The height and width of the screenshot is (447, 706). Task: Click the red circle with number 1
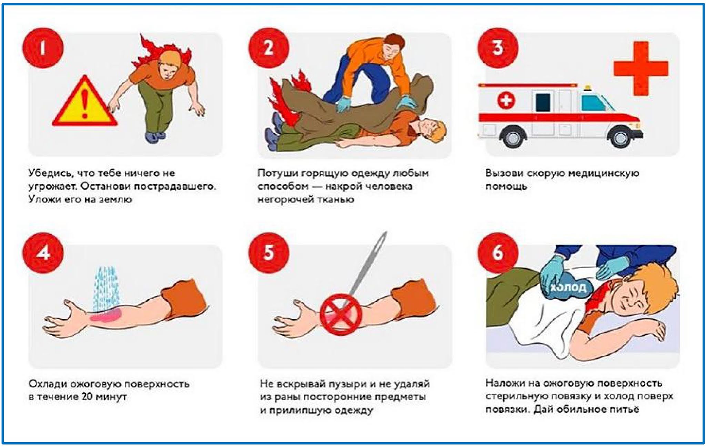[x=43, y=48]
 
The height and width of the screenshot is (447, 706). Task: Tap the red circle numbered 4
[x=43, y=253]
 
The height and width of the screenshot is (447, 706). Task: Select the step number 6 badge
[x=498, y=253]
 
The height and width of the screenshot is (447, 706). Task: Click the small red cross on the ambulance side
[x=506, y=101]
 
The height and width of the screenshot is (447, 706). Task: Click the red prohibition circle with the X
[x=341, y=314]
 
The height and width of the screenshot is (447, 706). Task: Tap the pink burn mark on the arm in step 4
[x=106, y=315]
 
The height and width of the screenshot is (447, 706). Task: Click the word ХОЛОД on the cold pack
[x=568, y=287]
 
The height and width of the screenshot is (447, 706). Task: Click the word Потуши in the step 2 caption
[x=278, y=173]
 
